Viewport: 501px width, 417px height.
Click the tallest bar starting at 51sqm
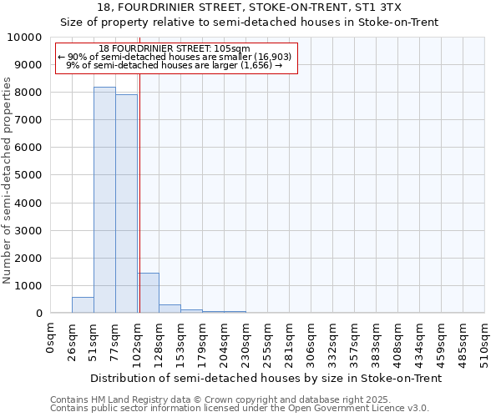coord(104,200)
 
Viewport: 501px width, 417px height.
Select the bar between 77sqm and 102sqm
coord(126,203)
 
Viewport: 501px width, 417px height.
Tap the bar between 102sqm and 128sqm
coord(148,293)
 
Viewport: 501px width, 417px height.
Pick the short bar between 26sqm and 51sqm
coord(83,305)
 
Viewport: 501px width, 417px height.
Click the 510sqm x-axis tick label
coord(484,339)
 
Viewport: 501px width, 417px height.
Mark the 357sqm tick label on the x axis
coord(354,339)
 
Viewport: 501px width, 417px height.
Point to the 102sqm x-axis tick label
coord(137,339)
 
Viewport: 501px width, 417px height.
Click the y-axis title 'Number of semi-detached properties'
coord(8,180)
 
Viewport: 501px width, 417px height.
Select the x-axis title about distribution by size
coord(266,378)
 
